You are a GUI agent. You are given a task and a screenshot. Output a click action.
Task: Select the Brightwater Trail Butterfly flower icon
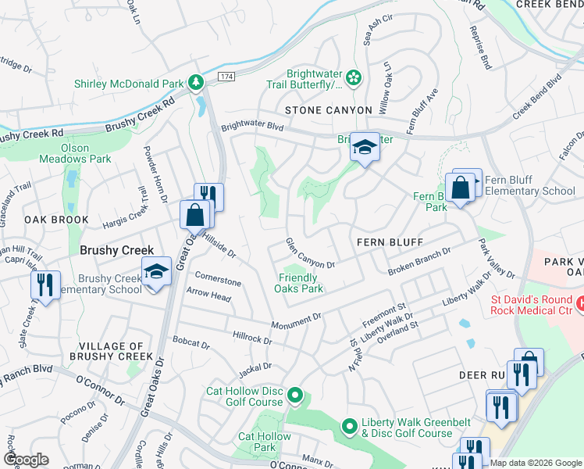(x=354, y=77)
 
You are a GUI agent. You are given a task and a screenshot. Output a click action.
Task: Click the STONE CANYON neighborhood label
(x=328, y=110)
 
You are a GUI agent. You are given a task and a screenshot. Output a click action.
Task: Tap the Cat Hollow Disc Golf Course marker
(x=294, y=396)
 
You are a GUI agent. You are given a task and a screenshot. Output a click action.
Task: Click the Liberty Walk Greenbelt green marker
(x=350, y=428)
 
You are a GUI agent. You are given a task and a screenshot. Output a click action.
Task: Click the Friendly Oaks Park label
(x=298, y=283)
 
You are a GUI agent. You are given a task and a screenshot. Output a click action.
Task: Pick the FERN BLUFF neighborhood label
(x=383, y=242)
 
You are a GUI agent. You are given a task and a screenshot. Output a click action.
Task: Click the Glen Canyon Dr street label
(x=310, y=253)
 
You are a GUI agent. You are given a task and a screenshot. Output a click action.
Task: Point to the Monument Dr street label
(x=297, y=320)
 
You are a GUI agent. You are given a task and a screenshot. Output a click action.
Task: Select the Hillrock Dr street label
(x=251, y=336)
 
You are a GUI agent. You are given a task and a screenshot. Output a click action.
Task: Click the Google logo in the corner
(x=27, y=460)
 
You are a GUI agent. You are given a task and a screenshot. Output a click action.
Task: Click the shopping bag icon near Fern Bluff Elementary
(x=461, y=188)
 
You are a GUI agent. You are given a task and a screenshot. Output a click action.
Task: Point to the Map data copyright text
(x=536, y=463)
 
